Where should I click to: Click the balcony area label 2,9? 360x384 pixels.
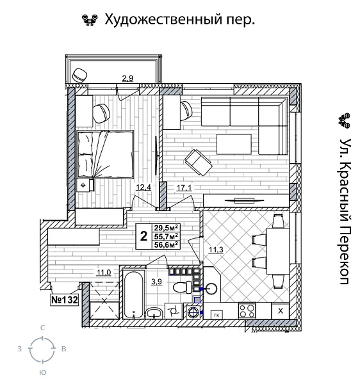pyautogui.click(x=127, y=79)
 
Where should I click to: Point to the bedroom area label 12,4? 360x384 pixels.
pyautogui.click(x=143, y=187)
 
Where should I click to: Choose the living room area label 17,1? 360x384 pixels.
pyautogui.click(x=184, y=187)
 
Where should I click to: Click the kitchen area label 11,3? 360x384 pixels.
pyautogui.click(x=215, y=250)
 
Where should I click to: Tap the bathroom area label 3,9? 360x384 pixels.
pyautogui.click(x=156, y=281)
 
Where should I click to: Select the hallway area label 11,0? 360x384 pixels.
pyautogui.click(x=104, y=273)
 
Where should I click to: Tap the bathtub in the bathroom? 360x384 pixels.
pyautogui.click(x=133, y=296)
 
